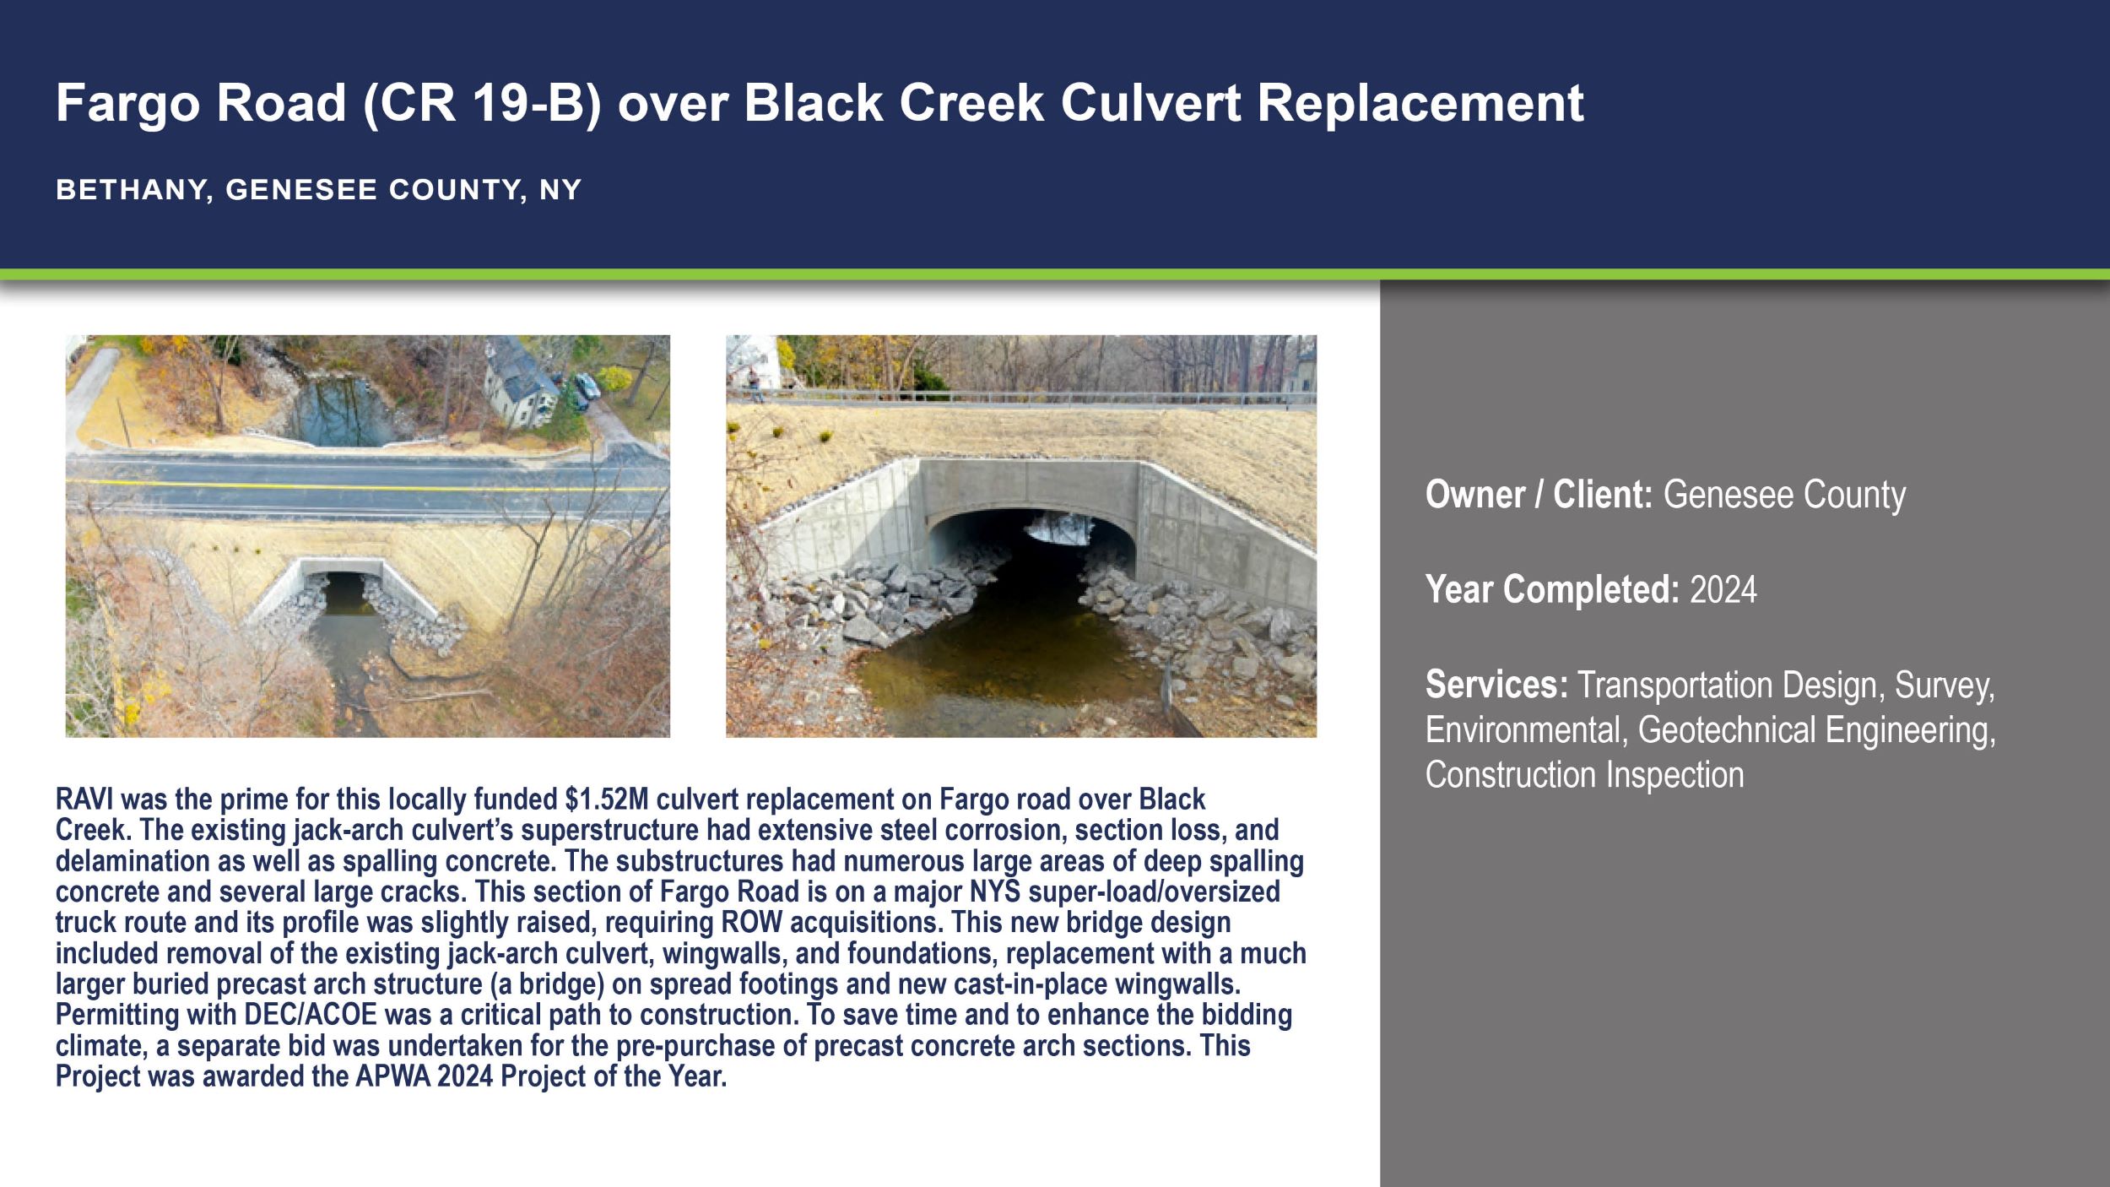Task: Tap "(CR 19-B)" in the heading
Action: coord(482,104)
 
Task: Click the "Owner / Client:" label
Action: coord(1539,495)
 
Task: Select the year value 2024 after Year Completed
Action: coord(1723,589)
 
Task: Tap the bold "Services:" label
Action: coord(1496,685)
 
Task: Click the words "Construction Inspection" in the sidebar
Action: coord(1584,775)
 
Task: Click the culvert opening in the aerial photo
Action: coord(344,593)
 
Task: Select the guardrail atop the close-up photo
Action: coord(1021,398)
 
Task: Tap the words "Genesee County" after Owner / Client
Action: coord(1784,495)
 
